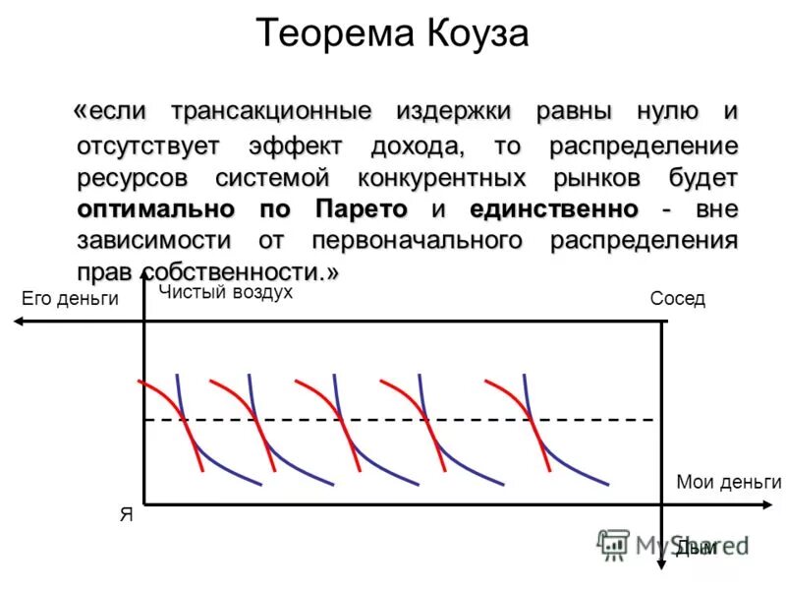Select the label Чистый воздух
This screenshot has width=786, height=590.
[226, 292]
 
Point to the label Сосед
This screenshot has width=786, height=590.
[678, 299]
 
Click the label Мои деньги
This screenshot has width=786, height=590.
[729, 482]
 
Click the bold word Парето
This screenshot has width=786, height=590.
[361, 208]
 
